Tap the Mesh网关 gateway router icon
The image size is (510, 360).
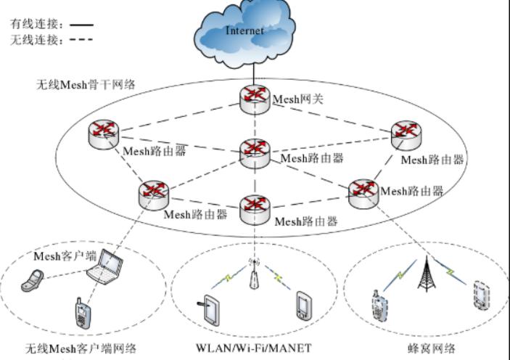pyautogui.click(x=255, y=99)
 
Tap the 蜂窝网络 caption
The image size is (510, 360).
pyautogui.click(x=432, y=349)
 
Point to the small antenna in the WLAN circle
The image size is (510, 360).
pyautogui.click(x=253, y=275)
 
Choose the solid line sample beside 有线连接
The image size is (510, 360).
pyautogui.click(x=81, y=25)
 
